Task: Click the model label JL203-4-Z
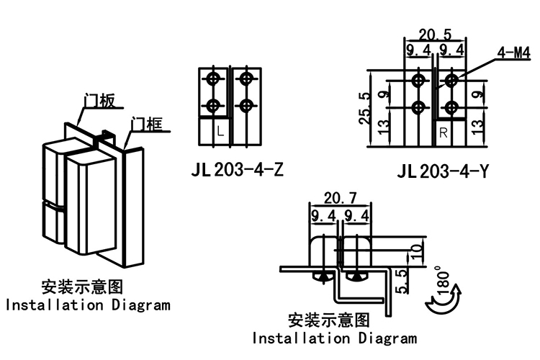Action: pos(238,171)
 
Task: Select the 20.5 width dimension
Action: pos(435,34)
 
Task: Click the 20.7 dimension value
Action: pos(339,197)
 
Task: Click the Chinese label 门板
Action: pos(99,101)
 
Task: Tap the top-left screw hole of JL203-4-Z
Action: pos(213,78)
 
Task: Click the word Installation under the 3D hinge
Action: pos(55,305)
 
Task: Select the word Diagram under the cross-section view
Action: pos(384,338)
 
